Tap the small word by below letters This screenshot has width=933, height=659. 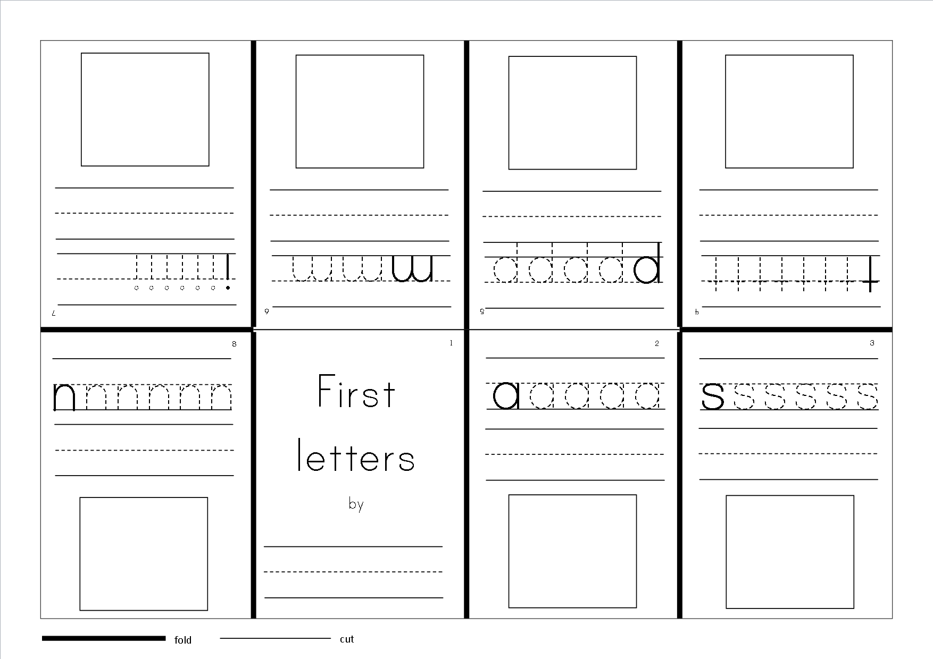[x=356, y=503]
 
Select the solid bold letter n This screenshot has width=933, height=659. [x=64, y=397]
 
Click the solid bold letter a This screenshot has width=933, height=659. [x=506, y=396]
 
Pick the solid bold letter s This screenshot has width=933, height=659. [x=712, y=396]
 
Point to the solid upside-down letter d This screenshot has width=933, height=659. [x=648, y=263]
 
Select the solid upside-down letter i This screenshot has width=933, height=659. [x=228, y=272]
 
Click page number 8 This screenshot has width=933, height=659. [x=234, y=344]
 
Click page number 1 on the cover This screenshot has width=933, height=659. [x=451, y=343]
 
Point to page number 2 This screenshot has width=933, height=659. [x=657, y=344]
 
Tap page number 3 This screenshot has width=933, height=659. [x=872, y=343]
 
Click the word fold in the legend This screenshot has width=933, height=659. [x=182, y=640]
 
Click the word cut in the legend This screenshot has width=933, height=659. [x=346, y=639]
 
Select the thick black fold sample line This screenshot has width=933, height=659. [x=104, y=638]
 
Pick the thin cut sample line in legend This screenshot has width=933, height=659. [x=275, y=638]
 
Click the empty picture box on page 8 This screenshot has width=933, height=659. [x=144, y=554]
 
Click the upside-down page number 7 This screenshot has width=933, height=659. [x=53, y=314]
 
